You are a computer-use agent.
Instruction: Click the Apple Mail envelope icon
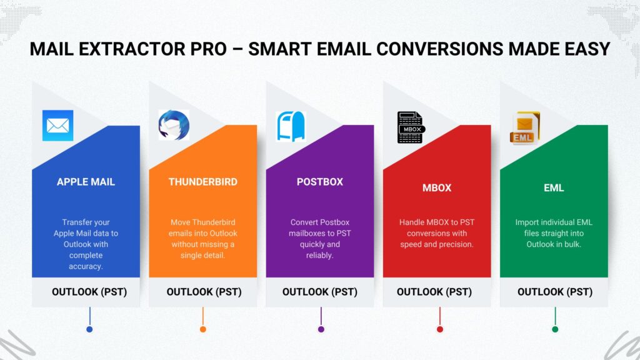point(58,125)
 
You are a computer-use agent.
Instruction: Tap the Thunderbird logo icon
point(174,125)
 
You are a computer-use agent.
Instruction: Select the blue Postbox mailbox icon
point(291,126)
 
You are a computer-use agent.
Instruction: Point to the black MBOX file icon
point(411,127)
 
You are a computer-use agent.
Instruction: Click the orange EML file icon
point(525,127)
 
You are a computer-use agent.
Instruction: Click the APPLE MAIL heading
point(86,182)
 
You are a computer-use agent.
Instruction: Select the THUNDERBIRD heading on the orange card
point(203,182)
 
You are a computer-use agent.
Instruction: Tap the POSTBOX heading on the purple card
point(320,182)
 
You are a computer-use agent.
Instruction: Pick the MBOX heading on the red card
point(437,187)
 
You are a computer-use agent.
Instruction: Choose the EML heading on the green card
point(554,187)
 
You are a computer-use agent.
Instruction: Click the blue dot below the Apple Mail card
point(89,329)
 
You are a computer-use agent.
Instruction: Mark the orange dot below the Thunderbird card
point(203,329)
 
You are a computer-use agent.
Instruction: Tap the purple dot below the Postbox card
point(321,329)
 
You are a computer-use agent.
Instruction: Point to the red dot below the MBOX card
point(439,329)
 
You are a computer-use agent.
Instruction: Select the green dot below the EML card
point(555,329)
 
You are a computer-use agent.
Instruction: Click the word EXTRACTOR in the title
point(152,49)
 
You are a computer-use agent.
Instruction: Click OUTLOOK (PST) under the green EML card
point(555,292)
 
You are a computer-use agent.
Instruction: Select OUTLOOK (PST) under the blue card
point(89,292)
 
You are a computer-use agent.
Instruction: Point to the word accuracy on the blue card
point(86,266)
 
